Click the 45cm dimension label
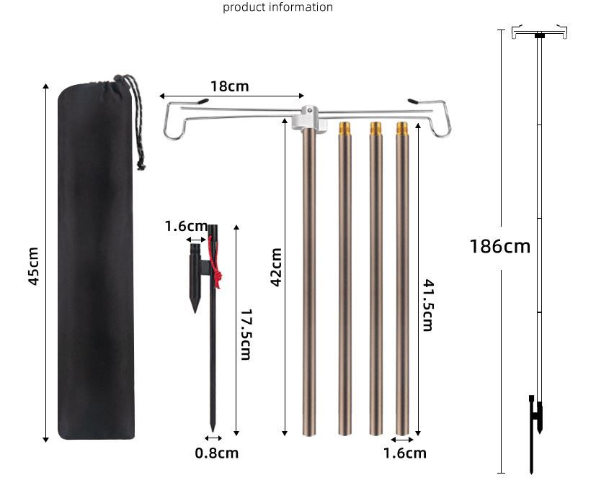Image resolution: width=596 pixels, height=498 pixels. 33,266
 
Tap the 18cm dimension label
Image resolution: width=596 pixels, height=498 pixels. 230,86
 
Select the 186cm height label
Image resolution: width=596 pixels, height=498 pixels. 500,246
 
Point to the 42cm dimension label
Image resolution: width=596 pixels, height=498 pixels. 276,267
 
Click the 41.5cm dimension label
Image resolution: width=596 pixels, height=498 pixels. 428,306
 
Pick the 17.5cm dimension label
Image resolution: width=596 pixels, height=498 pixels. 246,335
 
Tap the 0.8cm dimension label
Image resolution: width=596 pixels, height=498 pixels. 217,453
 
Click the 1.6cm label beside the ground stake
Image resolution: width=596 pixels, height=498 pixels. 186,227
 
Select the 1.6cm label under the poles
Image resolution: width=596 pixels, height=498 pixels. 404,453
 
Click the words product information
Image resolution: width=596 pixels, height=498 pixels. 278,7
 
